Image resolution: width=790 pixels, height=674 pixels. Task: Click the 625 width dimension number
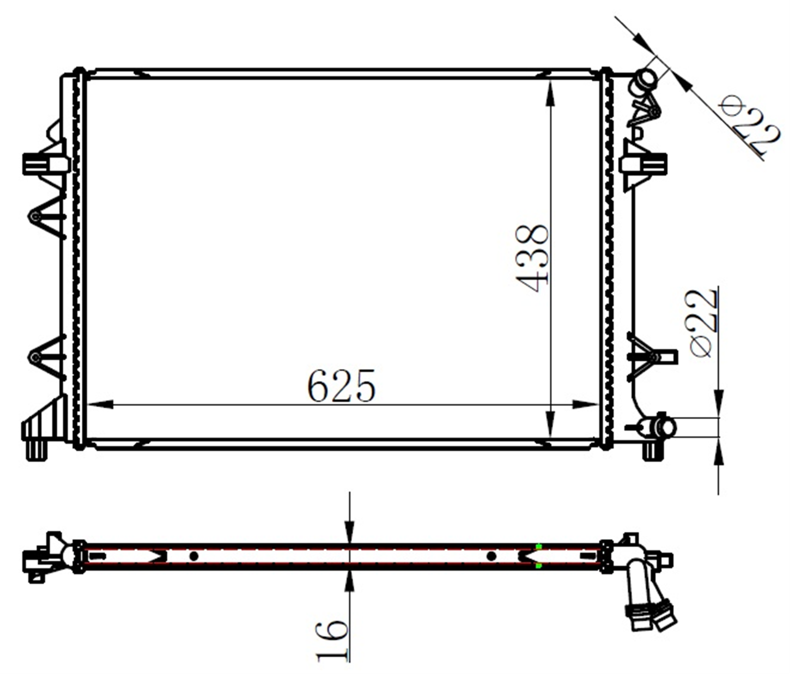(341, 386)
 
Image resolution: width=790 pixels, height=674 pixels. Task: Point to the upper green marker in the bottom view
(538, 547)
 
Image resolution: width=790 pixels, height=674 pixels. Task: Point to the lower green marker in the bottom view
(538, 566)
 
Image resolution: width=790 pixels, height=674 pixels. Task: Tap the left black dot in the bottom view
(194, 556)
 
